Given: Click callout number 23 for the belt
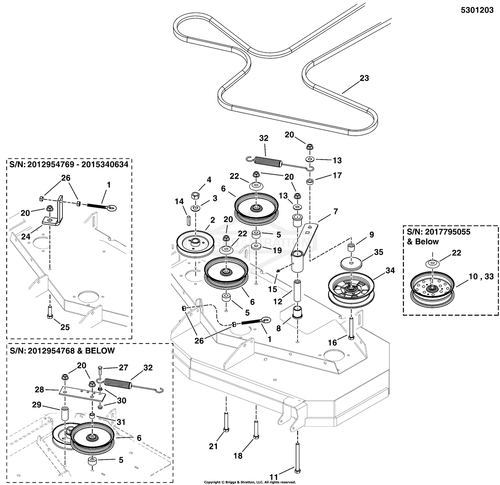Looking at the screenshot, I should click(364, 78).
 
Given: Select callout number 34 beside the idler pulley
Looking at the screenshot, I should click(390, 271).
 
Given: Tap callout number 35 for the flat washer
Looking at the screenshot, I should click(378, 252).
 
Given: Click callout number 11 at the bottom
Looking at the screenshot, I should click(273, 477).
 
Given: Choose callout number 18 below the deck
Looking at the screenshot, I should click(238, 456).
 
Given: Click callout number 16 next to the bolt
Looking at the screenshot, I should click(332, 343).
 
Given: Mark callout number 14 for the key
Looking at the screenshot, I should click(179, 202).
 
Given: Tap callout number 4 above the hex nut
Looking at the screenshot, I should click(209, 180).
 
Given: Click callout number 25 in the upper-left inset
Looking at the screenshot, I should click(65, 327).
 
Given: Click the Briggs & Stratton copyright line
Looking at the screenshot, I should click(250, 482).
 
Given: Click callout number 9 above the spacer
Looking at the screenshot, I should click(371, 235).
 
